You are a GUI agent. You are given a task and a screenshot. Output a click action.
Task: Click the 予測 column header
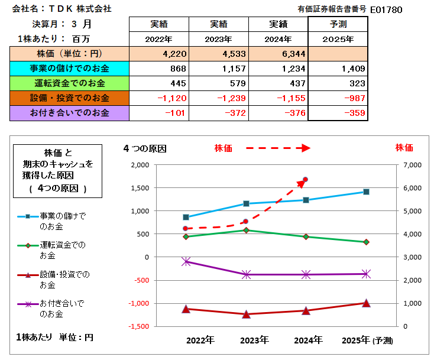pyautogui.click(x=338, y=24)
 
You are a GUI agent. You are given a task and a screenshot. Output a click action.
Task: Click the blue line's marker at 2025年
pyautogui.click(x=366, y=192)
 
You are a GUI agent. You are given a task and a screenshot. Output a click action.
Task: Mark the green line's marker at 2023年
pyautogui.click(x=246, y=230)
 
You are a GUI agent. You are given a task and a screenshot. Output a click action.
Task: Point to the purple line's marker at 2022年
pyautogui.click(x=186, y=261)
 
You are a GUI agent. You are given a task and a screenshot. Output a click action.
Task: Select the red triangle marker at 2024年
pyautogui.click(x=306, y=310)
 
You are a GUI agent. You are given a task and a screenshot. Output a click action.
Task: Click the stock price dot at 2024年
pyautogui.click(x=306, y=179)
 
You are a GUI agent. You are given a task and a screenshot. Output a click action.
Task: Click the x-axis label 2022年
pyautogui.click(x=200, y=340)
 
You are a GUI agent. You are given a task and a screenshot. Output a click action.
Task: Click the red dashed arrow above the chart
pyautogui.click(x=278, y=148)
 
